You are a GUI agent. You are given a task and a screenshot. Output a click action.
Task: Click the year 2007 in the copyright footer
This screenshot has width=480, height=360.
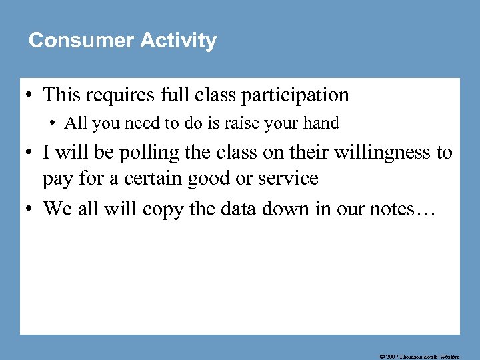pyautogui.click(x=393, y=356)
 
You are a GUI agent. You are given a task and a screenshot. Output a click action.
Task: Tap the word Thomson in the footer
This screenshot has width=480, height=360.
pyautogui.click(x=415, y=356)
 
